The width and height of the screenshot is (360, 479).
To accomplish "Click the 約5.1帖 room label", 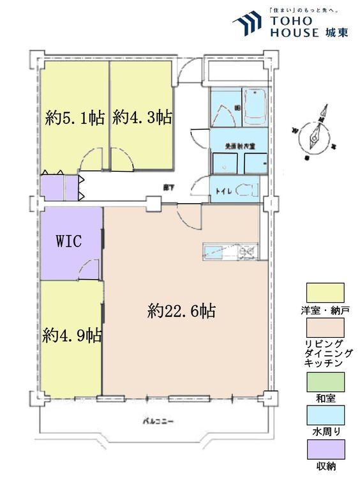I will point(75,118).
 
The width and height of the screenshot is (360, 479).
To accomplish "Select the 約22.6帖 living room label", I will point(181,311).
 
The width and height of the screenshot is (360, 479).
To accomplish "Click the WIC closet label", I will point(68,241).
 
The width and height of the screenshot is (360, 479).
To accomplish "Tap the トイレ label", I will point(223,190).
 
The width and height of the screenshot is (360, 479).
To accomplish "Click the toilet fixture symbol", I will point(246,190).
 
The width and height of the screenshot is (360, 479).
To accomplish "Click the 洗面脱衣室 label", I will point(236,146).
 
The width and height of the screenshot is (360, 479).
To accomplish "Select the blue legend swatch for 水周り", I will point(325,418).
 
